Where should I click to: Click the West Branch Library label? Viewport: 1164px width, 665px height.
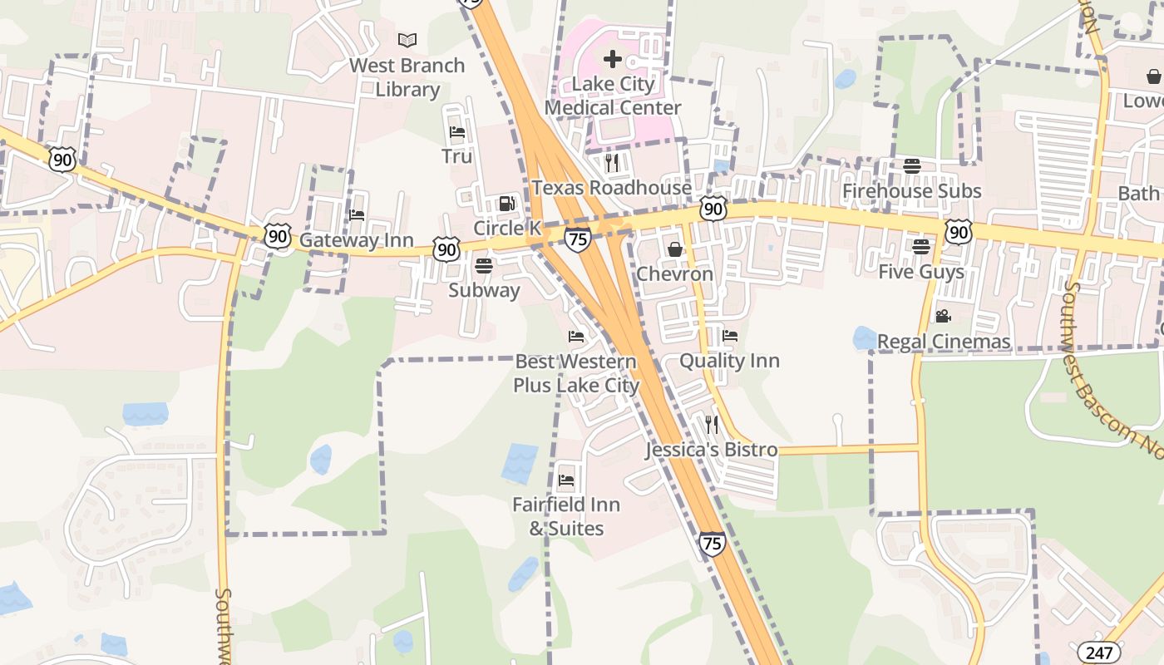(x=407, y=77)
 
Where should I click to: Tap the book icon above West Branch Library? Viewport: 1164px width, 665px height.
(x=407, y=40)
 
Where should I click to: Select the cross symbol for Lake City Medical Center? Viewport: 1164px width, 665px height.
(x=613, y=59)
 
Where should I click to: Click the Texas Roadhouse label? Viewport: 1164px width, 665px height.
(x=611, y=188)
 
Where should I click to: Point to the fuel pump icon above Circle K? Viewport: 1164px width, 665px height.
(x=506, y=204)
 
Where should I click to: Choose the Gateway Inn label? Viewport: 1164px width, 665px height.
(x=356, y=240)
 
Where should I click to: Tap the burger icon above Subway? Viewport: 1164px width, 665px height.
(x=483, y=266)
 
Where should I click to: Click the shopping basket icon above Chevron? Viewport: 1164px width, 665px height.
(x=674, y=249)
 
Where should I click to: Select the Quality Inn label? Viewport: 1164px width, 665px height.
(x=729, y=361)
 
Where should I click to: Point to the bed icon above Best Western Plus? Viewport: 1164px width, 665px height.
(x=575, y=337)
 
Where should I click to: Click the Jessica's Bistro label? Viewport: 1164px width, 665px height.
(x=712, y=450)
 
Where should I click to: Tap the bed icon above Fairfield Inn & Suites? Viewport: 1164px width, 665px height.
(x=566, y=480)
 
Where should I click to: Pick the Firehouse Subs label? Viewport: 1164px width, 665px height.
(x=911, y=191)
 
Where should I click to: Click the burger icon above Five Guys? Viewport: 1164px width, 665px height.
(x=920, y=247)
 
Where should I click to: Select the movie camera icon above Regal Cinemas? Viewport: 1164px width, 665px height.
(x=943, y=317)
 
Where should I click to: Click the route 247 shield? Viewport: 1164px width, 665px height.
(x=1097, y=653)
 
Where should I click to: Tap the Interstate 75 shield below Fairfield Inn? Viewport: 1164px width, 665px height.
(x=712, y=544)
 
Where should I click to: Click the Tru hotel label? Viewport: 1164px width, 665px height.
(x=456, y=156)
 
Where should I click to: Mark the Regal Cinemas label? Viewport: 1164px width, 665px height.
(x=944, y=342)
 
